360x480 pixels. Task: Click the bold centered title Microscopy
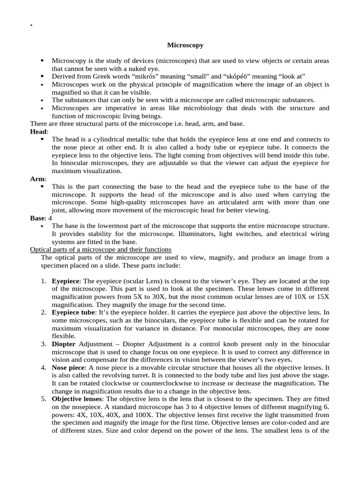pyautogui.click(x=185, y=45)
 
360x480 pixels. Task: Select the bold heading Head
pyautogui.click(x=38, y=132)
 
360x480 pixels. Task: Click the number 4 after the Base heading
pyautogui.click(x=51, y=218)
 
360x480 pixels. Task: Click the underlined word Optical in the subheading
pyautogui.click(x=42, y=249)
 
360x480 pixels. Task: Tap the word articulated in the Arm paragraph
pyautogui.click(x=232, y=202)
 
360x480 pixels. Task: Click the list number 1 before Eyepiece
pyautogui.click(x=43, y=281)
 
